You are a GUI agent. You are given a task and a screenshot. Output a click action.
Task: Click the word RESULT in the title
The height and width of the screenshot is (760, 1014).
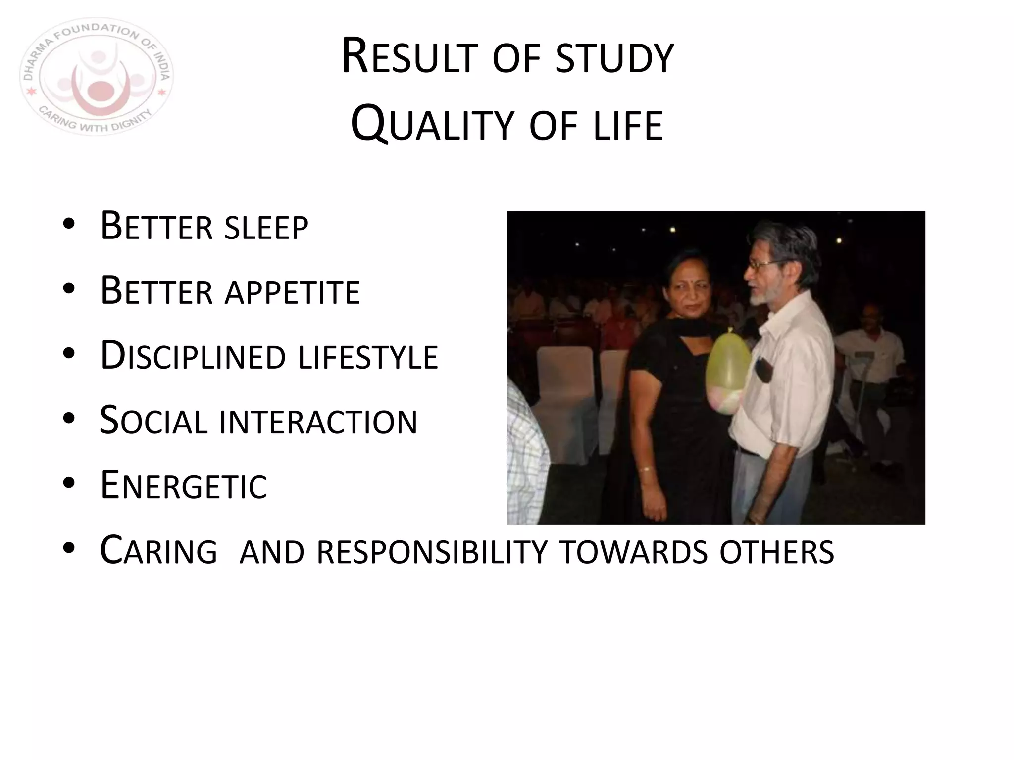point(409,58)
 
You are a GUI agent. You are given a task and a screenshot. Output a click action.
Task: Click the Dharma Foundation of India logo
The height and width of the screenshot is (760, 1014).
point(97,77)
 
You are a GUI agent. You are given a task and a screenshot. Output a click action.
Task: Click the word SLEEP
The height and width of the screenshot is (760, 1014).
point(266,228)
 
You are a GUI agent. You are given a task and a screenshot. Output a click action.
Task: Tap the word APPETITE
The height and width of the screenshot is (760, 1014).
point(292,292)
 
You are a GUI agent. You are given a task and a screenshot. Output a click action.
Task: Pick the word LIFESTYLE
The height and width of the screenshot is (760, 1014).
point(368,357)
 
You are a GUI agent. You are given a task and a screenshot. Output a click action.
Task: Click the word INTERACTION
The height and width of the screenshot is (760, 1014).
point(318,422)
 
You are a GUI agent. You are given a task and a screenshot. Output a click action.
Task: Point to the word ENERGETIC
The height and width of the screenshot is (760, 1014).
point(184,486)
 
